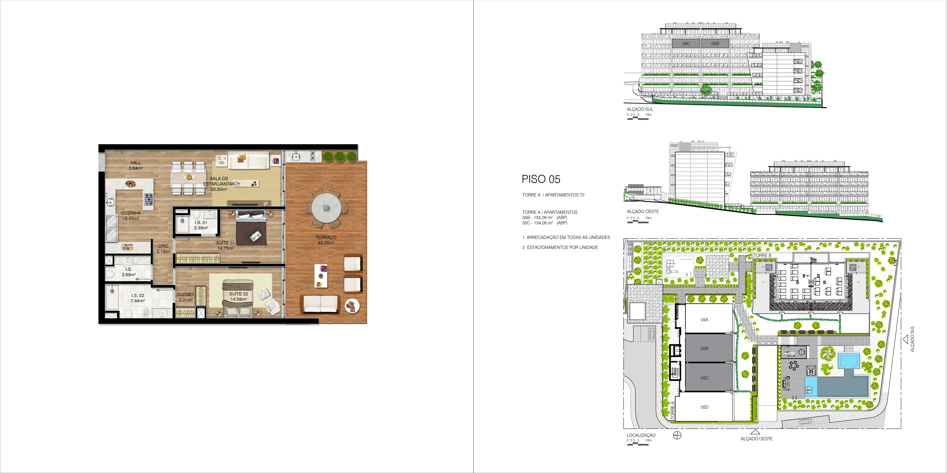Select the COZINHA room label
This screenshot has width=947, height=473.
click(131, 213)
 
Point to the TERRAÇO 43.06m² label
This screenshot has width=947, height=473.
click(326, 240)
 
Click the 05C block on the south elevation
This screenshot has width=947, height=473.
click(686, 43)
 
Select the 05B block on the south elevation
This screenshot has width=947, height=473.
click(715, 43)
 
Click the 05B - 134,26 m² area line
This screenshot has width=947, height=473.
click(544, 218)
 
